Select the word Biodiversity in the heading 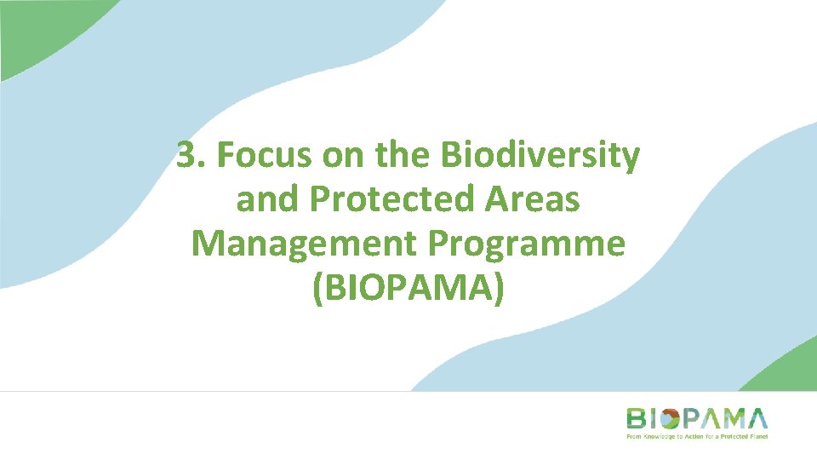coord(540,156)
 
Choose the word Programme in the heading coord(526,244)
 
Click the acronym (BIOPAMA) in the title coord(408,287)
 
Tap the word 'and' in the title coord(266,199)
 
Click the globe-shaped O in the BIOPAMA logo coord(669,419)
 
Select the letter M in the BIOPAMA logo coord(730,419)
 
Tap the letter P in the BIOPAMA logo coord(693,419)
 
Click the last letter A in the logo coord(756,419)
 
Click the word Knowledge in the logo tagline coord(658,435)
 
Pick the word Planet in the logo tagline coord(757,435)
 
